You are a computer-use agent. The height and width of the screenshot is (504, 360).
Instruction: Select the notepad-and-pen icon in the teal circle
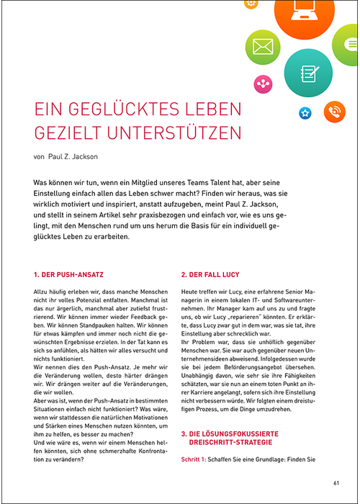point(308,73)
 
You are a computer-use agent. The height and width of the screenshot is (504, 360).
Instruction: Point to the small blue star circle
point(305,112)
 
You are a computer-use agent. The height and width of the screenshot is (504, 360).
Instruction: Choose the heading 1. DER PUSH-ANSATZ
point(70,274)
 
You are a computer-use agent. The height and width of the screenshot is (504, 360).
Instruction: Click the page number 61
point(336,482)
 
